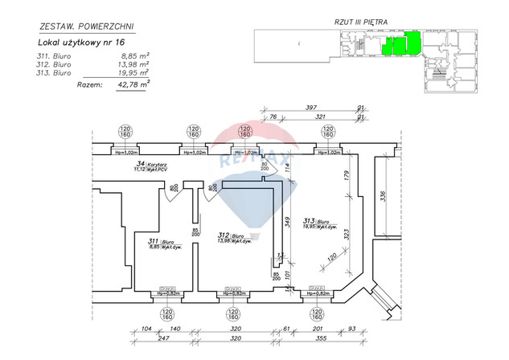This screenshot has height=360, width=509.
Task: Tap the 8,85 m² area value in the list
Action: [x=135, y=56]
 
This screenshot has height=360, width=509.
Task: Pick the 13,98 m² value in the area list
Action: [x=134, y=64]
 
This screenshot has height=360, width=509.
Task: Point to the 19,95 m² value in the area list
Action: [x=134, y=72]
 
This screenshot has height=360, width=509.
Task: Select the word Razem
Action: [x=87, y=83]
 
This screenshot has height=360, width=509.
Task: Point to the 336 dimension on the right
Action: [x=383, y=197]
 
